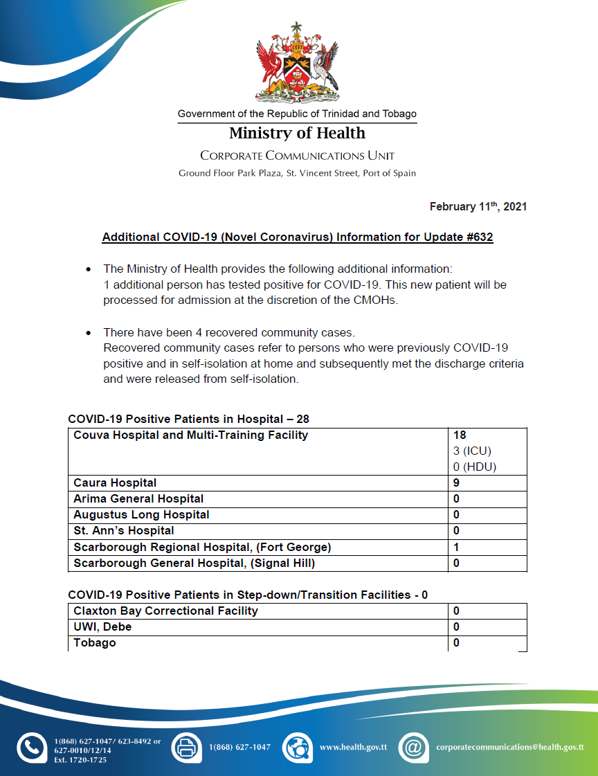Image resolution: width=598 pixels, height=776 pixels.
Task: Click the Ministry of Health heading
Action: (297, 133)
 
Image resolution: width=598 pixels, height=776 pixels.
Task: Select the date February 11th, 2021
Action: (478, 207)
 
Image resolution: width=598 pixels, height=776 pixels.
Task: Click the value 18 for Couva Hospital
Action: (460, 435)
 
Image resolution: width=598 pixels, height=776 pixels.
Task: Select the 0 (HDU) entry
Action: (474, 467)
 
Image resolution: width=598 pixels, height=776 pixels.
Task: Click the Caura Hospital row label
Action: (115, 483)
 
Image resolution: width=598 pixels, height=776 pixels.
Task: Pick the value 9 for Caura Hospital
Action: (457, 483)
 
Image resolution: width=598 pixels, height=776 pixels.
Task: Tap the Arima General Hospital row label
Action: (138, 499)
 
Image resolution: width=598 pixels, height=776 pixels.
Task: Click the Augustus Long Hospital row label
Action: (141, 515)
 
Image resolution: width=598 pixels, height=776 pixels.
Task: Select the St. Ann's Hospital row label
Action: (124, 531)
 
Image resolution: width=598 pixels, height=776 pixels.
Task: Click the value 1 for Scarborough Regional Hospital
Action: (457, 547)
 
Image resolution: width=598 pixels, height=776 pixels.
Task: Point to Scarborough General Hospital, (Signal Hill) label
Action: (194, 563)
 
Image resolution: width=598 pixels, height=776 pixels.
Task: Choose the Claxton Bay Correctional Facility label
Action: (165, 611)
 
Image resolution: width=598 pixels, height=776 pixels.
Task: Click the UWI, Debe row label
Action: (102, 627)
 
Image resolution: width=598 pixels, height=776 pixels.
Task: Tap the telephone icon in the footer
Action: (31, 748)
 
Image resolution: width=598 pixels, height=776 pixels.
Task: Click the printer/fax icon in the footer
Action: (185, 748)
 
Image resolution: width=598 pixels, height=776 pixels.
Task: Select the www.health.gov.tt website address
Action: (353, 748)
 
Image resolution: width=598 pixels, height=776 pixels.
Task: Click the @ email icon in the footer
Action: (413, 748)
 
